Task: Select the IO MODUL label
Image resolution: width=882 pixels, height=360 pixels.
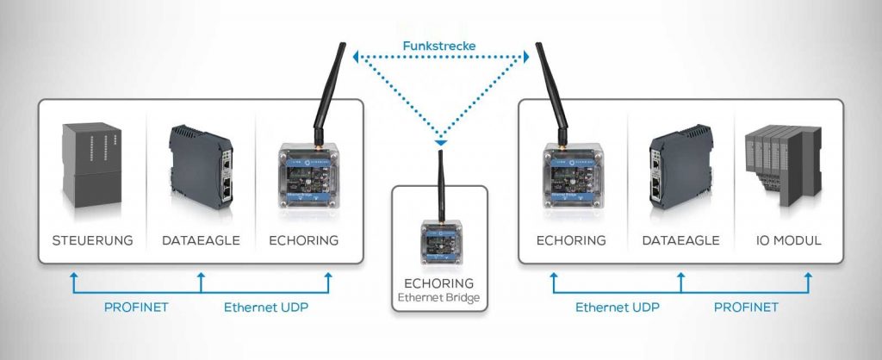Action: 784,240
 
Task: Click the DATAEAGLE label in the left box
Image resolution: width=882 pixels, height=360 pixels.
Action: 200,240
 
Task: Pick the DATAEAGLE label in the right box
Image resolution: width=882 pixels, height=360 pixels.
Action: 680,240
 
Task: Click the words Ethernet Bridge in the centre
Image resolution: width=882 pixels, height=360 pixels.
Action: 440,300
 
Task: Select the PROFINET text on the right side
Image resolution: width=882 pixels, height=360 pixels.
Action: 746,307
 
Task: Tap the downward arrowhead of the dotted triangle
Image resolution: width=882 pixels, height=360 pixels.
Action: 441,140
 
